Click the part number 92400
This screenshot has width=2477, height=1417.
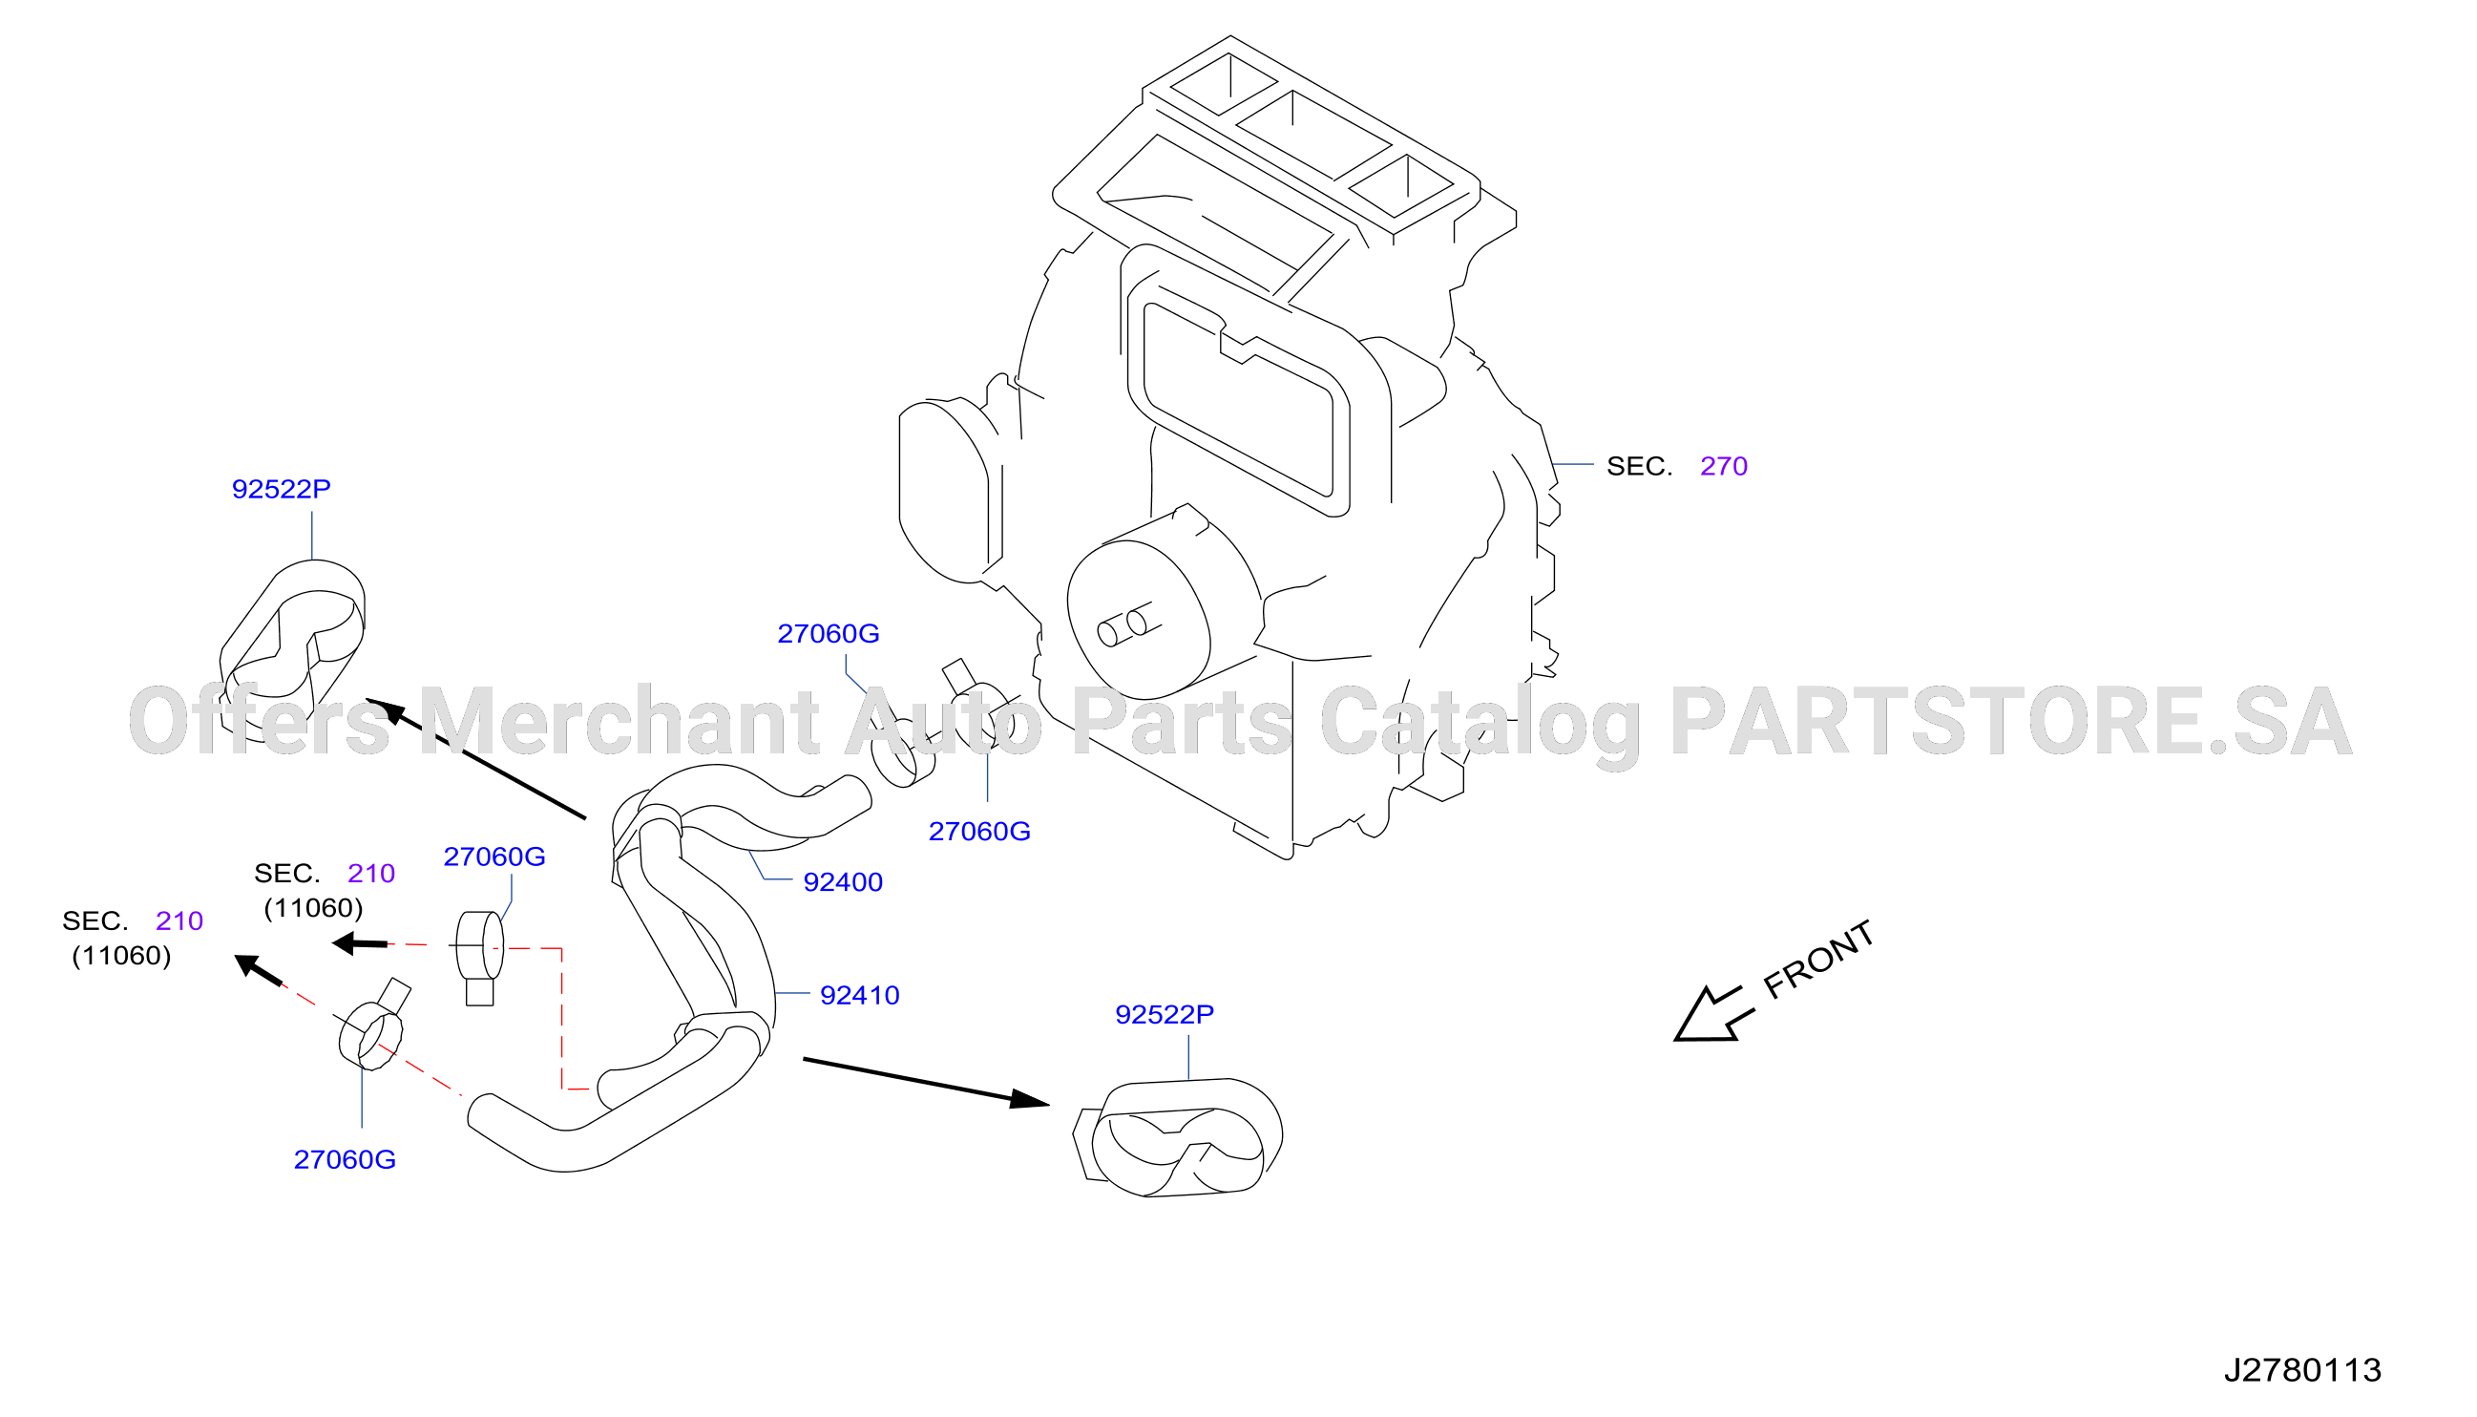pos(843,882)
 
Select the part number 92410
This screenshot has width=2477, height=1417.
pos(859,996)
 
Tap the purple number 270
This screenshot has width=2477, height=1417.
pos(1723,466)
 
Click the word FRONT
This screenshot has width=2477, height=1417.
pos(1818,960)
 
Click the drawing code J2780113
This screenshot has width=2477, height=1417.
pos(2302,1370)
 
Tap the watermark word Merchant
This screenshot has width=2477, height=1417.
pos(619,721)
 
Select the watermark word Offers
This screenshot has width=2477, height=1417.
pos(259,721)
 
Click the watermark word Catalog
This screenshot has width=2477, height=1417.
pos(1480,725)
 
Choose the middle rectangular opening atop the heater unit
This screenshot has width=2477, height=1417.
pos(1312,136)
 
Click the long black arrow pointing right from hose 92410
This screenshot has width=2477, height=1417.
pos(926,1082)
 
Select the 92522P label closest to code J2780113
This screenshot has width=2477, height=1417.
pos(1164,1015)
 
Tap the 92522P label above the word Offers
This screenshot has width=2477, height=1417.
pos(281,490)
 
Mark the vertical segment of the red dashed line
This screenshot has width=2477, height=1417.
pos(561,1018)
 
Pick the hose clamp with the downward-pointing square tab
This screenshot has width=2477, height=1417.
pos(479,958)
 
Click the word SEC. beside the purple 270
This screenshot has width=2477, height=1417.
pos(1638,466)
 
